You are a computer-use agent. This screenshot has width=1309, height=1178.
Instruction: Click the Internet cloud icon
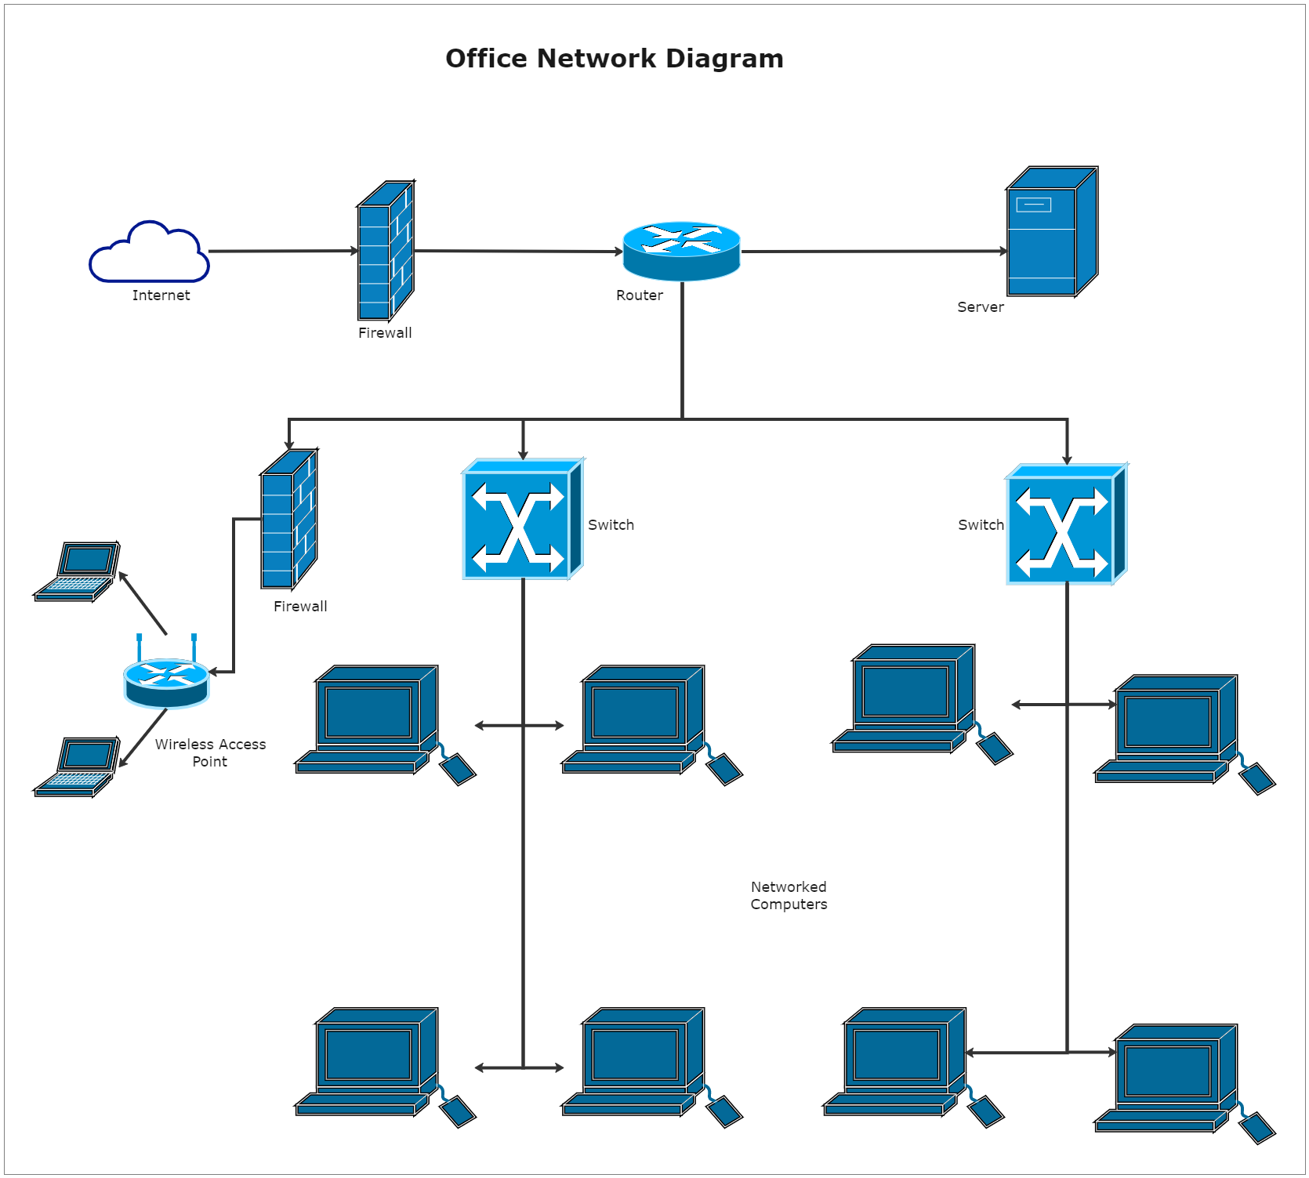(149, 252)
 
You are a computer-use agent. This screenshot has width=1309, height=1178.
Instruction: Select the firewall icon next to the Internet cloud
(386, 251)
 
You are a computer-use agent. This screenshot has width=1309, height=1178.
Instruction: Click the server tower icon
(1051, 232)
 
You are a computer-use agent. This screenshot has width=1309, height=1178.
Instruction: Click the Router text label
(639, 295)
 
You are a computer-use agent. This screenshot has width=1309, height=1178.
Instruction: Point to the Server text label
(980, 307)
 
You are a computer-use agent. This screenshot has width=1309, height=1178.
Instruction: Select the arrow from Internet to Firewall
(282, 252)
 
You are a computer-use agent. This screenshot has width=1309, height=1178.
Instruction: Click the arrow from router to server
(874, 252)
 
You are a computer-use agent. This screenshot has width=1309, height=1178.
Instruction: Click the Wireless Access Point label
(210, 752)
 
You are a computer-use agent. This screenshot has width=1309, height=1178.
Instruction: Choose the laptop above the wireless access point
(77, 571)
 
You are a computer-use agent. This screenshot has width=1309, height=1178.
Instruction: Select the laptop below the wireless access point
(77, 767)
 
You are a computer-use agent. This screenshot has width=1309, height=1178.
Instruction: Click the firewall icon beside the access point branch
(289, 519)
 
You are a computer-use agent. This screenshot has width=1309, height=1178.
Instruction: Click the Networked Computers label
(789, 895)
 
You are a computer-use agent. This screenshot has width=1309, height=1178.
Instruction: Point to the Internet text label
(161, 295)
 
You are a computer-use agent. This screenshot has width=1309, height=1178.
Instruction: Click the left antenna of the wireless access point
(140, 647)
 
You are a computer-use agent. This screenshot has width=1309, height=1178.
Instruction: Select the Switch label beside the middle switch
(611, 525)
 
